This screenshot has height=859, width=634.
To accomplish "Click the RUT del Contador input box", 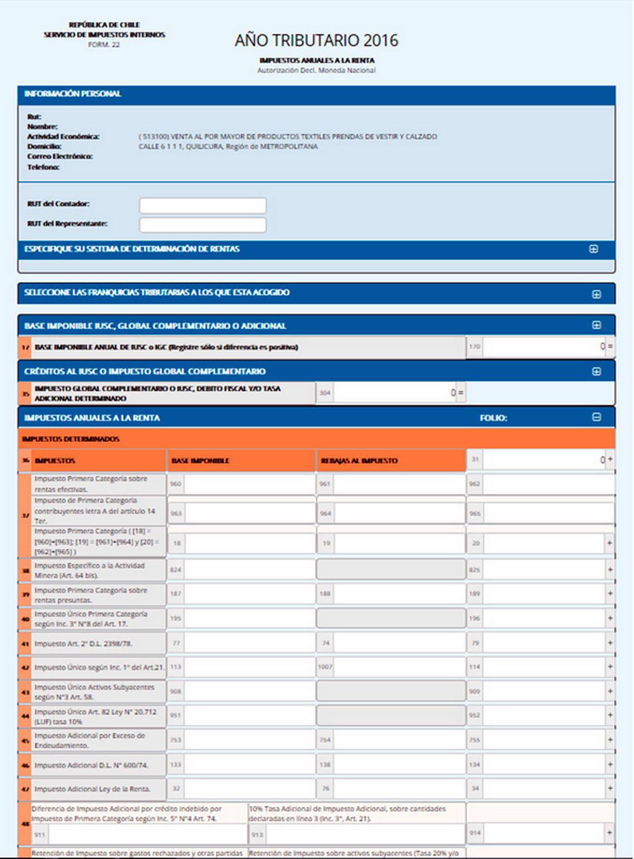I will click(202, 206).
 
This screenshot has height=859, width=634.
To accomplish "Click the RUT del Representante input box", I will click(202, 225).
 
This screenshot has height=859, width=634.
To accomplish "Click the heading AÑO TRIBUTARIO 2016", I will click(316, 41).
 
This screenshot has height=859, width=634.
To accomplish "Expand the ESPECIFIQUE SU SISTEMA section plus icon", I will click(594, 249).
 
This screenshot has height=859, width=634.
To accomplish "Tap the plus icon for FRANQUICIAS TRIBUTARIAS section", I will click(597, 294).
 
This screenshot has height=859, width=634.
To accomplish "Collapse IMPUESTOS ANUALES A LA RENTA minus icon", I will click(597, 417).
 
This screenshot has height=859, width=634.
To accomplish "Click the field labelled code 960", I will click(249, 484).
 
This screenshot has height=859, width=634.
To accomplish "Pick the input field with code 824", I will click(249, 570).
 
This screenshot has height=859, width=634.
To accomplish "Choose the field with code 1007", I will click(399, 667).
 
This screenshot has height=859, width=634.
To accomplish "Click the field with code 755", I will click(543, 740).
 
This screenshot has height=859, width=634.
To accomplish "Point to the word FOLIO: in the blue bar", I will click(493, 418).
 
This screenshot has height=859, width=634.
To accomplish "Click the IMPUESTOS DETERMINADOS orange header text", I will click(71, 439).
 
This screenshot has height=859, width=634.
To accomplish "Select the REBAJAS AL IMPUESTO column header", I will click(359, 461).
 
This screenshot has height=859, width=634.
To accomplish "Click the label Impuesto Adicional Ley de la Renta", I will click(92, 789).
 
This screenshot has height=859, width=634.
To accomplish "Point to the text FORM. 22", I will click(104, 44).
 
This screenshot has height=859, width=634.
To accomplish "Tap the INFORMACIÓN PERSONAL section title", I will click(72, 94).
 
